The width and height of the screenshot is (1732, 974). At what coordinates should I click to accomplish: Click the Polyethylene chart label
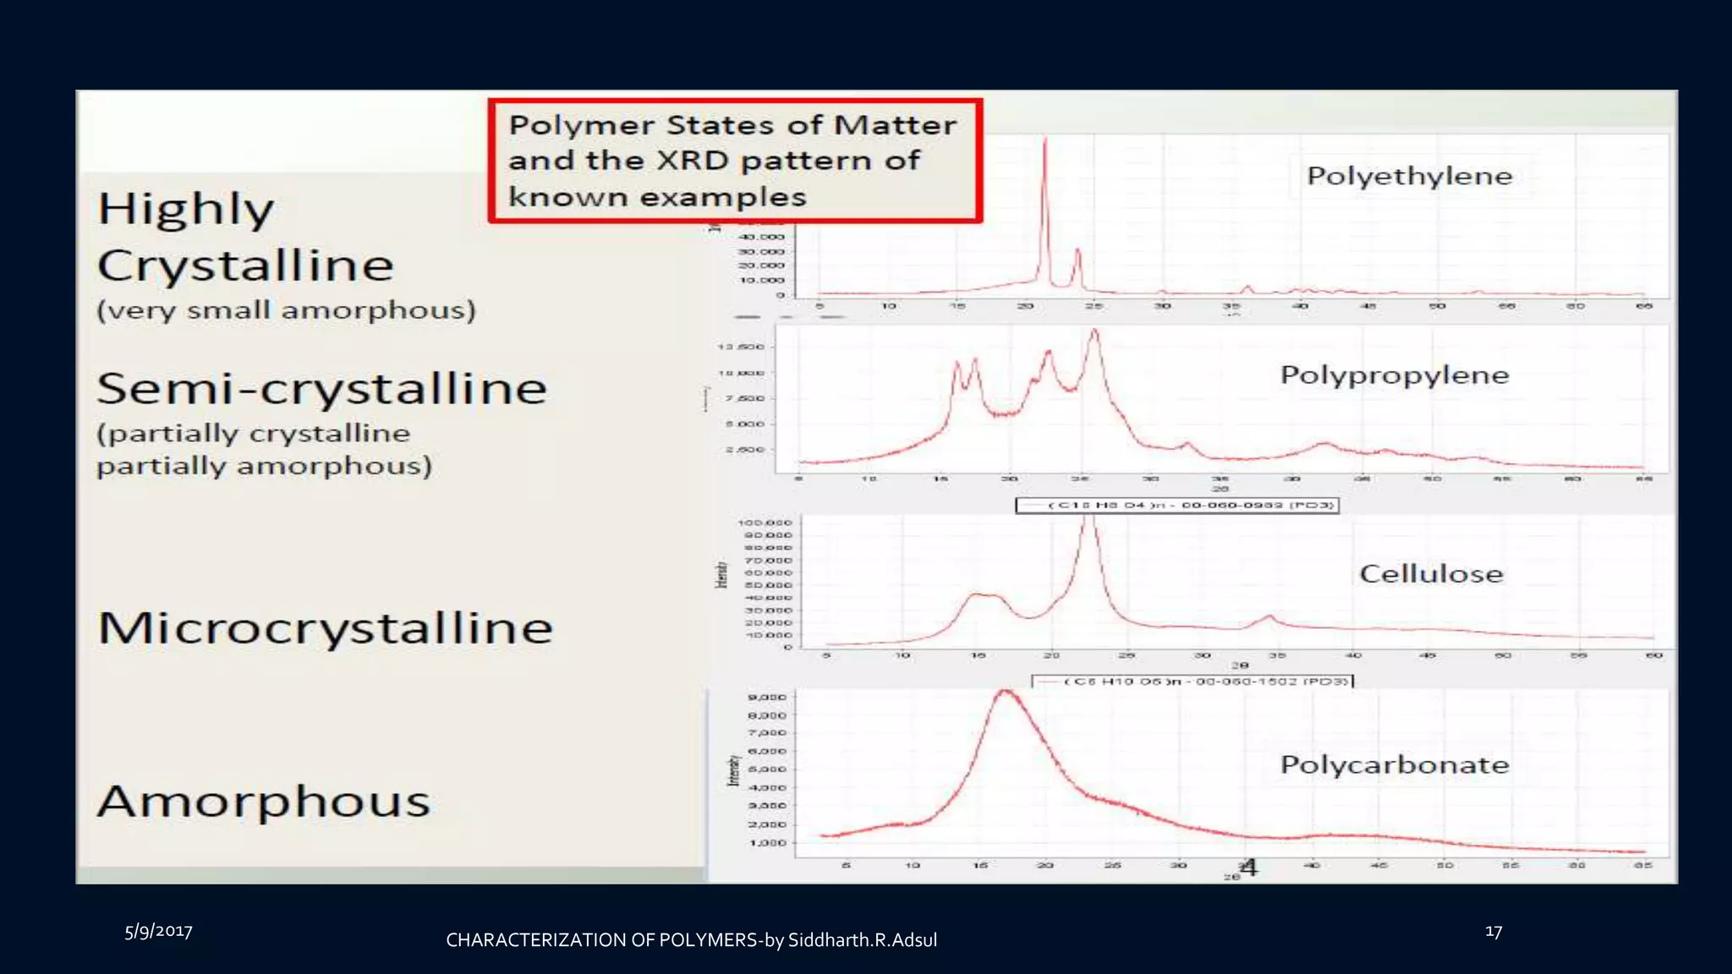point(1409,176)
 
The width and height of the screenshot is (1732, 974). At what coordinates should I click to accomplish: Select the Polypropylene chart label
point(1394,375)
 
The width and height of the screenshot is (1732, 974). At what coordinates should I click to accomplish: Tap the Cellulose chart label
point(1431,573)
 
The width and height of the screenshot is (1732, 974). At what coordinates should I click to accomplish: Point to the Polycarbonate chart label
point(1394,764)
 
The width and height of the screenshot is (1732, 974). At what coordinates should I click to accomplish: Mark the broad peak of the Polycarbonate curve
point(1006,693)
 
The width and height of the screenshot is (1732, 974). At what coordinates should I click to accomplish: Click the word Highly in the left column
point(186,209)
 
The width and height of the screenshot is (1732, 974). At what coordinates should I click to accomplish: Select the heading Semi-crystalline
point(321,389)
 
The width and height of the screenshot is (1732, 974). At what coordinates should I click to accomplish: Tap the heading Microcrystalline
point(325,628)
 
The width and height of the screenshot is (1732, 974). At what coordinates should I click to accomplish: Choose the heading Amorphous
point(263,802)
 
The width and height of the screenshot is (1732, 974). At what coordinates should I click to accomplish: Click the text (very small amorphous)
point(286,310)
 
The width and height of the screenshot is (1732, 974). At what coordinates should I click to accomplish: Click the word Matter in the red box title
point(895,125)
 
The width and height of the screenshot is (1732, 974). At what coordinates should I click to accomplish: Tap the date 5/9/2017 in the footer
point(158,932)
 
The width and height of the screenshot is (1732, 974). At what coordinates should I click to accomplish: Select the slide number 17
point(1494,932)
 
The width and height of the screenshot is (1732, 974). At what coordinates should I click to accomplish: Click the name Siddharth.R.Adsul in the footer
point(862,940)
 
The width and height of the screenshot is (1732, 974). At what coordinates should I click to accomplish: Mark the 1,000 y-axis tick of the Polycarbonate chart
point(768,843)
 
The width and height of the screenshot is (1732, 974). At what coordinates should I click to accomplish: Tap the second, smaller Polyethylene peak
point(1077,252)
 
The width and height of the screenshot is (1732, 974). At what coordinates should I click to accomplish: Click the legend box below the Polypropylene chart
point(1176,506)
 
